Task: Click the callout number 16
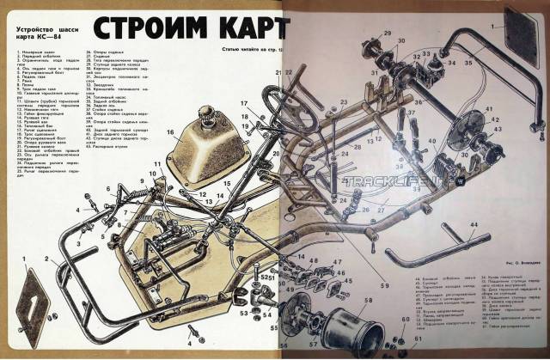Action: click(x=170, y=133)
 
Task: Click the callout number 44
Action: click(x=474, y=223)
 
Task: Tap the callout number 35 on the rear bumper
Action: click(x=468, y=63)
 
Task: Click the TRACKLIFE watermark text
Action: click(x=379, y=181)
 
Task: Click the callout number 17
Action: click(x=243, y=106)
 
